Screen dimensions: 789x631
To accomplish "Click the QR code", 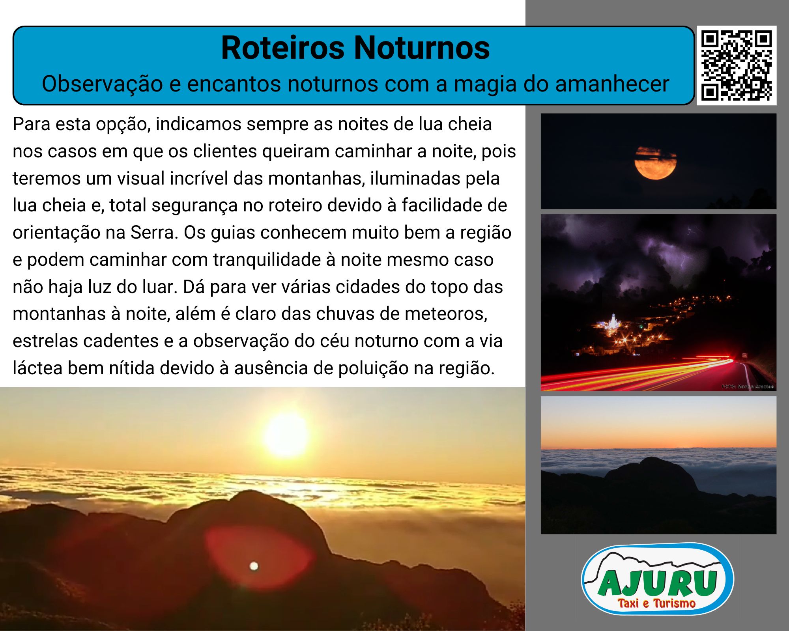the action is point(737,65).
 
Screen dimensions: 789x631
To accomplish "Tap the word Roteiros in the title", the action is point(283,48).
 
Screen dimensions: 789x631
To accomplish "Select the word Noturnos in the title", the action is point(422,48).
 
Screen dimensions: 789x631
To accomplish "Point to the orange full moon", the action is point(655,163).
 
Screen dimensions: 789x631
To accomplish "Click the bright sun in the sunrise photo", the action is point(287,435).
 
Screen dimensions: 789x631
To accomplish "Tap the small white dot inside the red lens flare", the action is point(254,566).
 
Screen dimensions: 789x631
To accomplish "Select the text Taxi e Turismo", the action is point(657,603).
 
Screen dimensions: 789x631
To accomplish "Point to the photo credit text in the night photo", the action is point(748,386).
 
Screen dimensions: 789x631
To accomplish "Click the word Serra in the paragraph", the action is point(154,232).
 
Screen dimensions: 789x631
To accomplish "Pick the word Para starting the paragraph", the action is point(32,124).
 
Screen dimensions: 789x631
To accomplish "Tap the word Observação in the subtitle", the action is point(102,84).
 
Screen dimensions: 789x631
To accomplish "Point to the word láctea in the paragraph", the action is point(37,368).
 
